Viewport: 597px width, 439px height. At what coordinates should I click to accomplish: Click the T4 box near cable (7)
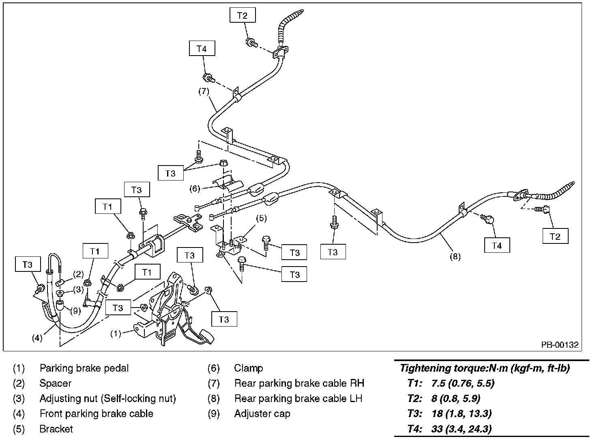202,49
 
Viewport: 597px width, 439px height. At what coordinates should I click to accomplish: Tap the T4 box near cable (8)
497,245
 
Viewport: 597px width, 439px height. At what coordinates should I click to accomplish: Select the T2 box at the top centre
242,16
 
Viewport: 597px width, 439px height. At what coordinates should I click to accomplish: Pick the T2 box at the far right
555,237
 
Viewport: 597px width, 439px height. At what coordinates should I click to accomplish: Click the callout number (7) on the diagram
204,91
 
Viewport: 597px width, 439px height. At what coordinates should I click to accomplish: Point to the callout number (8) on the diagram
455,256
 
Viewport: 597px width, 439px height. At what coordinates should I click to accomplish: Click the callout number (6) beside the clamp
195,188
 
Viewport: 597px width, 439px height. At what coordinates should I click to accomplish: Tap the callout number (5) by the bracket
261,218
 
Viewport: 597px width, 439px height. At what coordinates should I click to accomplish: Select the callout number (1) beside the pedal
116,334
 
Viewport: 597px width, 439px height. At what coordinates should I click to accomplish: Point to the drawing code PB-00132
560,345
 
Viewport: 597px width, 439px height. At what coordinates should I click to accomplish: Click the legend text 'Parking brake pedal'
84,368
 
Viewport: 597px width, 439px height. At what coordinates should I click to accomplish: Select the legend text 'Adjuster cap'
262,414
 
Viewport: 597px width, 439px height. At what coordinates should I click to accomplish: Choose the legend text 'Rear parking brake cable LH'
298,398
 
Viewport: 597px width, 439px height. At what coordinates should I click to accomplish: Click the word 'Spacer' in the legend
55,383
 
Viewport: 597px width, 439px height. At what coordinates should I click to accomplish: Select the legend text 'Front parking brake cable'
96,414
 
